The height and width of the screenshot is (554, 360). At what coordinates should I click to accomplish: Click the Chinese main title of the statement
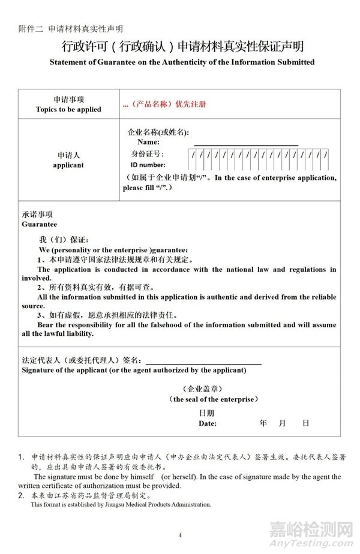180,46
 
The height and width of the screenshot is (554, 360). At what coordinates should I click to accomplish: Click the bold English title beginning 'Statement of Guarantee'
180,62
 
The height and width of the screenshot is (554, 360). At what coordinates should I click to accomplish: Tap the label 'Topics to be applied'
68,110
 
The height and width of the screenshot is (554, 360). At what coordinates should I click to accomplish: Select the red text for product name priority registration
164,104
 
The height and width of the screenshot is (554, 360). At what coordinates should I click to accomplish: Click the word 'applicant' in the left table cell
68,165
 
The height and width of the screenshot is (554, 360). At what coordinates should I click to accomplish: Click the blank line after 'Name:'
246,142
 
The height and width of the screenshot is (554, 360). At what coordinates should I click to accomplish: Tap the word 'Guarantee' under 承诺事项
39,224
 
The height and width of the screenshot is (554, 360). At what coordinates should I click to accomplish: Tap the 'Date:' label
208,423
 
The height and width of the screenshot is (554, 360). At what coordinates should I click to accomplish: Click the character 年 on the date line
263,423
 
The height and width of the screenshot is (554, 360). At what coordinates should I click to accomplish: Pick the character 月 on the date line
283,423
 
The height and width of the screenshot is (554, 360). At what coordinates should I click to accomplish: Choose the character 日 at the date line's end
305,423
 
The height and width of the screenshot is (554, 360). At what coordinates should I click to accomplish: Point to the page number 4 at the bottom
179,534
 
